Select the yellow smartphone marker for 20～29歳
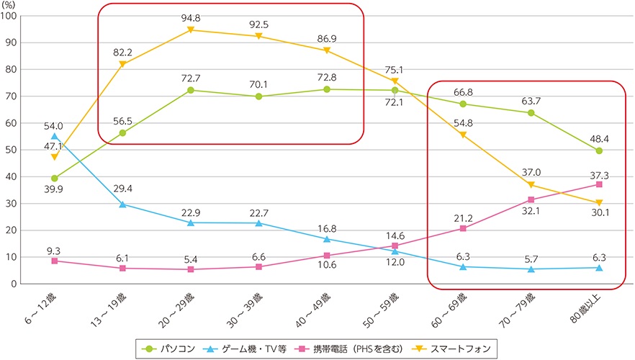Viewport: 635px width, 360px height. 191,30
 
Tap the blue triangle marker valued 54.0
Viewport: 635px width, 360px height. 55,135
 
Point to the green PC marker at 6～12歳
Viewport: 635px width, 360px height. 55,178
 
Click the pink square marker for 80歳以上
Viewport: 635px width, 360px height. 599,184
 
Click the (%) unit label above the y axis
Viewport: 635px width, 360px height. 11,5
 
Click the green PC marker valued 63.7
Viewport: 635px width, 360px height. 531,112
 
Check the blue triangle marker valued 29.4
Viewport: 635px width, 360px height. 122,204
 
